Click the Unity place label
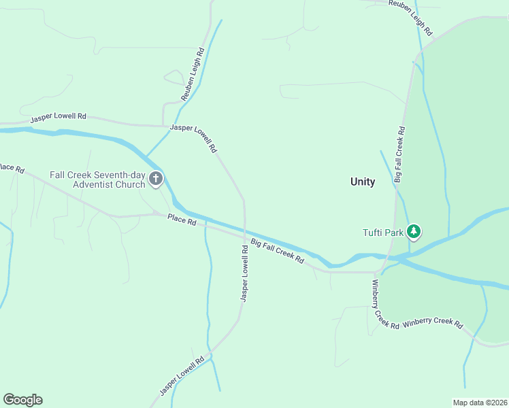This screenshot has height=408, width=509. point(362,182)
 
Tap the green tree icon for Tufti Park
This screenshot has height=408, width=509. point(413,232)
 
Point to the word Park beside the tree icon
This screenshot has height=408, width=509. point(394,233)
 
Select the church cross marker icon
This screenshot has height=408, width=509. point(156,180)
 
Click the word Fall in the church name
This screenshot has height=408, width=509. point(57,175)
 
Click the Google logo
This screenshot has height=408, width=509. point(22,400)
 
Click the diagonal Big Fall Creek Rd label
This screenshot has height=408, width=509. point(277,252)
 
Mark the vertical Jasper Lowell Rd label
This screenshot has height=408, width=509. point(244,273)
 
